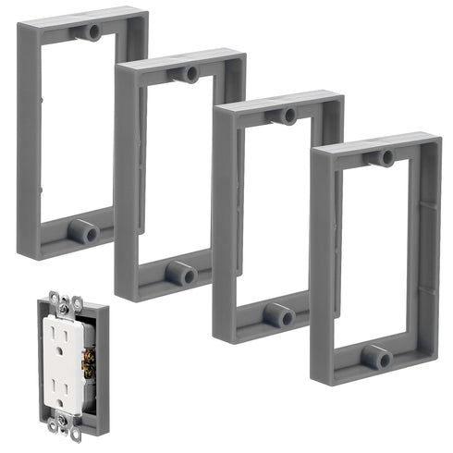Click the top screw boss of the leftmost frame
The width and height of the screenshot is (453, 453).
click(x=92, y=32)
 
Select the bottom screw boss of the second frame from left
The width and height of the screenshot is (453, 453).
click(x=181, y=273)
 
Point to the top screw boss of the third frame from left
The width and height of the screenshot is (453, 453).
click(x=287, y=116)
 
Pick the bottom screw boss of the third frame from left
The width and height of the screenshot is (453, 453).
click(x=279, y=314)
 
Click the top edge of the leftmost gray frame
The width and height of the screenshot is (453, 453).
click(x=83, y=18)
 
